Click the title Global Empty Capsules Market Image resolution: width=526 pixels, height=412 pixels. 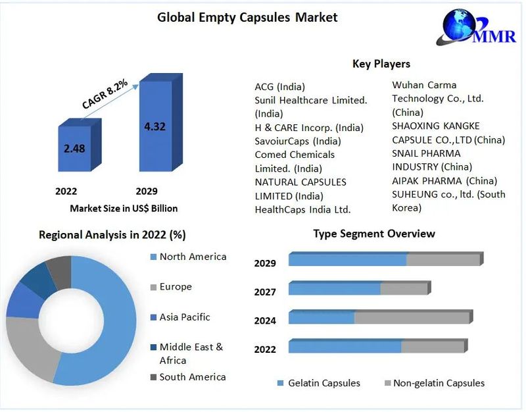(247, 17)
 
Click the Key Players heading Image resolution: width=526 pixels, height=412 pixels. (381, 64)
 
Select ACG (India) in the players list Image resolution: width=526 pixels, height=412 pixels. (279, 87)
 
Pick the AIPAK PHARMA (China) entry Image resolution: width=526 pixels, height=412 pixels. (444, 180)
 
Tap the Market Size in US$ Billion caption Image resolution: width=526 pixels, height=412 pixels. (124, 208)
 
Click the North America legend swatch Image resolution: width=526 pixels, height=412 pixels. (153, 257)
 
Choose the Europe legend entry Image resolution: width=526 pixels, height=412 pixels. (176, 287)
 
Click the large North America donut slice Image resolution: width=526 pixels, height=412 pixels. (112, 316)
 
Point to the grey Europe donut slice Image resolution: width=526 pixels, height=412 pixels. (30, 346)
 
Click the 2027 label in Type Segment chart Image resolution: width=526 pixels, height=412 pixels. (265, 292)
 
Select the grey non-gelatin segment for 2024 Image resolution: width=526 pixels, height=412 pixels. (412, 318)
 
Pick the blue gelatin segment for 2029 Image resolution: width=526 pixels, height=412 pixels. (347, 260)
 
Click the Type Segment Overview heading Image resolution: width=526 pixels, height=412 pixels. (373, 234)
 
